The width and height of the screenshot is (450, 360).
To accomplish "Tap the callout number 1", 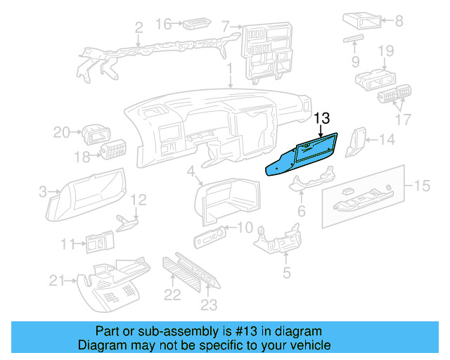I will tap(230, 70).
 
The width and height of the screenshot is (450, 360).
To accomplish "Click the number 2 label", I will tap(139, 28).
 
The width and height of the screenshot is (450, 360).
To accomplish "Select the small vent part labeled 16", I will tap(193, 26).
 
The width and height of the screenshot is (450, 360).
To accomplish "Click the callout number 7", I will tap(226, 27).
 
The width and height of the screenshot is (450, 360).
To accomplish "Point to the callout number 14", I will tap(387, 140).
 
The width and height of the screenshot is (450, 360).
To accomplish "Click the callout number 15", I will tap(420, 186).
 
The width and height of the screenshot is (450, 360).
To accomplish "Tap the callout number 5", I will tap(286, 272).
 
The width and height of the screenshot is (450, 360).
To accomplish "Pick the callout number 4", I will tap(191, 171).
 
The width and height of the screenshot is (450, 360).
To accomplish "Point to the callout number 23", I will tap(209, 304).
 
